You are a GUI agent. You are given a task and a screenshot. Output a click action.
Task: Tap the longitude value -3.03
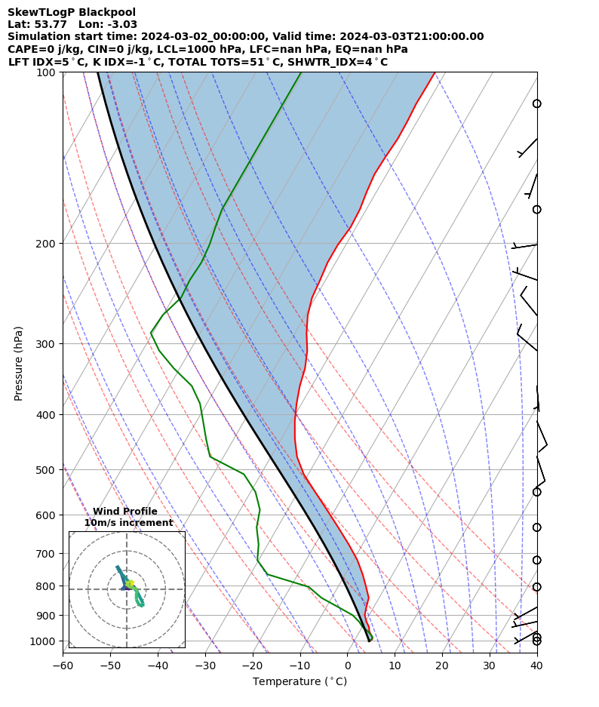pyautogui.click(x=121, y=24)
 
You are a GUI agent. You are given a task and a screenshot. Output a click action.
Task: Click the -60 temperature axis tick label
pyautogui.click(x=63, y=666)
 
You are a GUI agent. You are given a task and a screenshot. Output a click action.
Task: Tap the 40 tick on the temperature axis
pyautogui.click(x=537, y=666)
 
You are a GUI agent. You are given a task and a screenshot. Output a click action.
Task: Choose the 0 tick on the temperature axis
pyautogui.click(x=348, y=666)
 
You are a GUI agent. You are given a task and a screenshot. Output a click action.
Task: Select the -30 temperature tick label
pyautogui.click(x=205, y=666)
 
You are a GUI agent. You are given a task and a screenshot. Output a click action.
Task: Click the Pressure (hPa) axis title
pyautogui.click(x=19, y=363)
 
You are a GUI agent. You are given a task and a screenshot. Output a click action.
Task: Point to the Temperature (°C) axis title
pyautogui.click(x=299, y=682)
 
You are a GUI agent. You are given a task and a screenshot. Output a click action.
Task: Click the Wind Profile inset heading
pyautogui.click(x=125, y=512)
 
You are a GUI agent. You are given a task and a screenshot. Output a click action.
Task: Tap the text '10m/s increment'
pyautogui.click(x=128, y=523)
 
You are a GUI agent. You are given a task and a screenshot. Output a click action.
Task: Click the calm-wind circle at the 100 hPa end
pyautogui.click(x=536, y=103)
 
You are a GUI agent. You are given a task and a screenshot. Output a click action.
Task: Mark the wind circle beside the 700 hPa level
pyautogui.click(x=536, y=560)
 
